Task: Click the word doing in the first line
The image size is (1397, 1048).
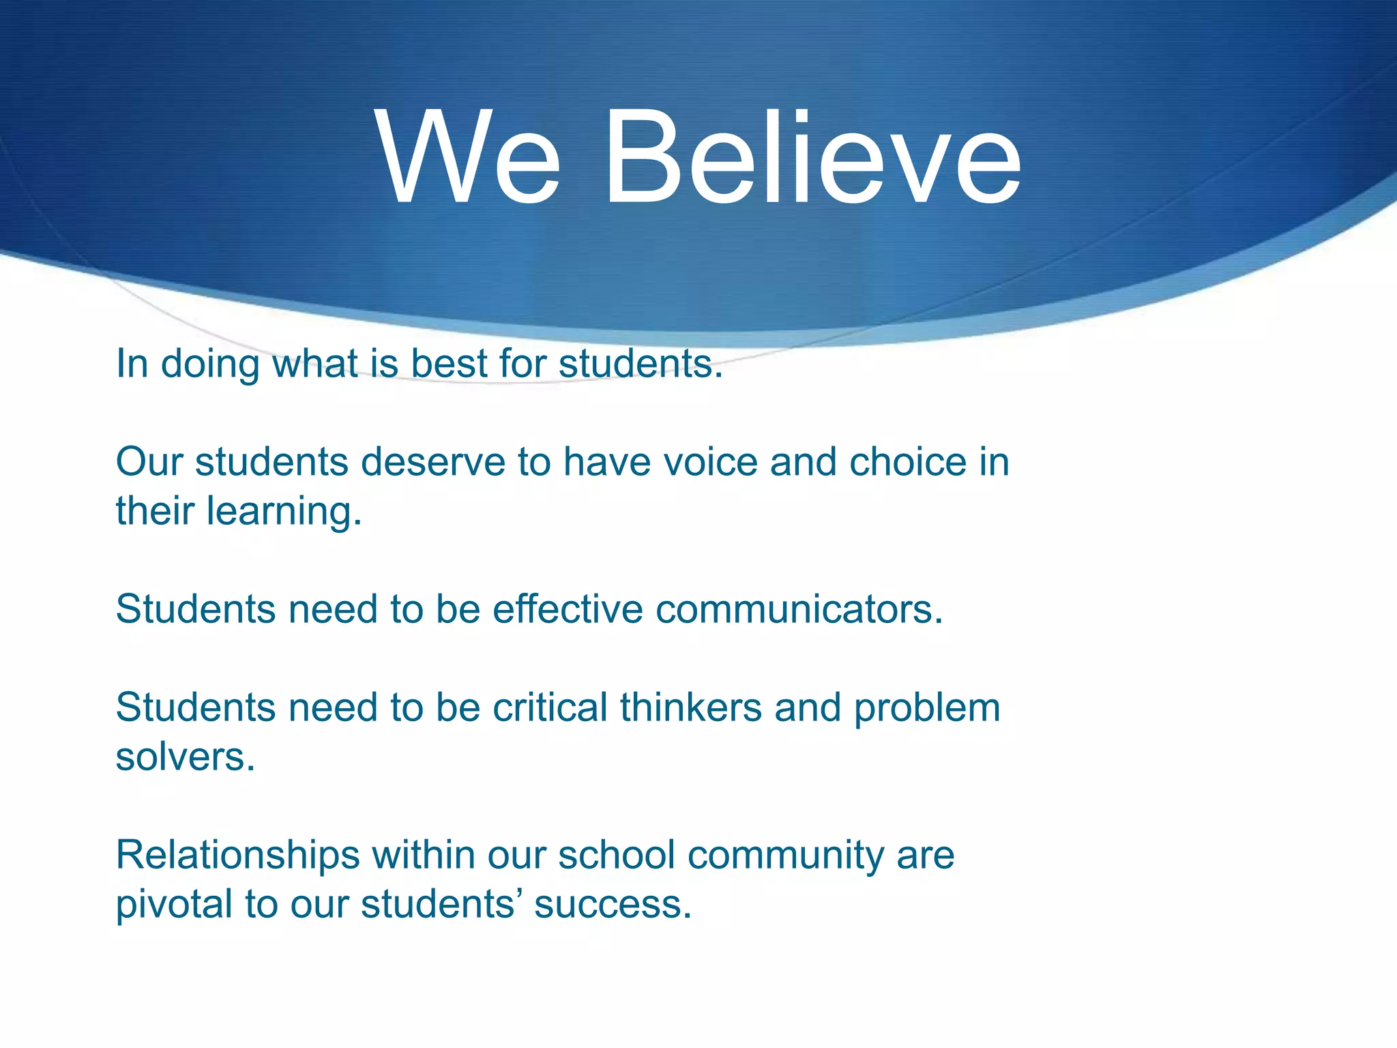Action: (210, 364)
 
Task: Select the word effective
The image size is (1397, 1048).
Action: (568, 609)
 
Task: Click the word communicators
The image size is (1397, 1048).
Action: (799, 609)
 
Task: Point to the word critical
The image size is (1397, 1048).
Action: (550, 707)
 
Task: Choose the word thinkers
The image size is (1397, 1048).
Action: (690, 707)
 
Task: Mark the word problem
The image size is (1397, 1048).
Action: (927, 708)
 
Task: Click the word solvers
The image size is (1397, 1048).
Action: (185, 757)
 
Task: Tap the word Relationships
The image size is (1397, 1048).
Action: (237, 855)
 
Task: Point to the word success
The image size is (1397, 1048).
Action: (613, 905)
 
